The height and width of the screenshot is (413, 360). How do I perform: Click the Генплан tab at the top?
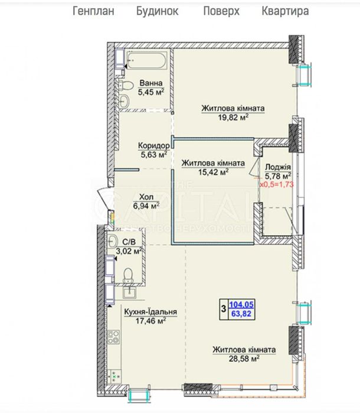[x=93, y=11]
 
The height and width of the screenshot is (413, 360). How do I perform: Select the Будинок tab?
[x=158, y=11]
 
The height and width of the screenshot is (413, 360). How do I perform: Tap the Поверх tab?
[x=221, y=11]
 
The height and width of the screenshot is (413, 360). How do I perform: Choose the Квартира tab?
[x=285, y=11]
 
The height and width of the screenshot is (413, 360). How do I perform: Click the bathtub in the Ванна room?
[x=146, y=61]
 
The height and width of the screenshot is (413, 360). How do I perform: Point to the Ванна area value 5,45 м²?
[x=151, y=92]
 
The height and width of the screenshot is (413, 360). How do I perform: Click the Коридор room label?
[x=154, y=145]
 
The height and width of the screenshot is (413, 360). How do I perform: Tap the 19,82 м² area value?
[x=233, y=117]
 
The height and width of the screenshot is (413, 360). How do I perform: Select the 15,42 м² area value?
[x=213, y=172]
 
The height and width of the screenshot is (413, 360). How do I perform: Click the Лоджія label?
[x=278, y=167]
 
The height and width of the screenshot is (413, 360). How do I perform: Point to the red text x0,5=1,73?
[x=277, y=184]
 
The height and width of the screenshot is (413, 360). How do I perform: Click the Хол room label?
[x=146, y=197]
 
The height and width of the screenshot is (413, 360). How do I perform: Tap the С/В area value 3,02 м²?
[x=129, y=251]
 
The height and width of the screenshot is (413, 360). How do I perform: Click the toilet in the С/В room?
[x=129, y=275]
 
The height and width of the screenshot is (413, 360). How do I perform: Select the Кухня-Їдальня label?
[x=150, y=312]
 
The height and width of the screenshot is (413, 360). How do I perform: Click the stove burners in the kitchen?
[x=113, y=337]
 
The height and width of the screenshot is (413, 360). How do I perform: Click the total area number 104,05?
[x=241, y=305]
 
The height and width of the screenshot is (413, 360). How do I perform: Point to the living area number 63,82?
[x=241, y=314]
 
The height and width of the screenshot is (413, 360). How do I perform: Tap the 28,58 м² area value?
[x=244, y=359]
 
